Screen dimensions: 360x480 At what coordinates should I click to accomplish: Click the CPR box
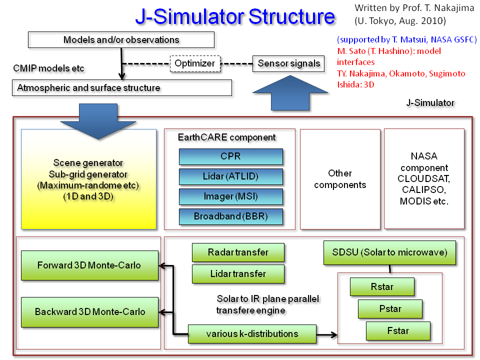[230, 156]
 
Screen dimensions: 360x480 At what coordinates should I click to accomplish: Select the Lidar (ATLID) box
[230, 176]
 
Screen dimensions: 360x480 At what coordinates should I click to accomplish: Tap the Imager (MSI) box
[230, 196]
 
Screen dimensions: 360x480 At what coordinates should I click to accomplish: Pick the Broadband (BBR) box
[230, 216]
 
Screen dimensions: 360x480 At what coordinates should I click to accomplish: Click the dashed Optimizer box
[194, 63]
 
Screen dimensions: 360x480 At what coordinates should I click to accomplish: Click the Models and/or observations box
[121, 40]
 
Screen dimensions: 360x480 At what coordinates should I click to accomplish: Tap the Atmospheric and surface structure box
[121, 88]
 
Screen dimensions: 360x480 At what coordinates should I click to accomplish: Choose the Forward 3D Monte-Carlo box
[89, 265]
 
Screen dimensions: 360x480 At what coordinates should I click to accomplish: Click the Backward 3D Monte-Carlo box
[89, 312]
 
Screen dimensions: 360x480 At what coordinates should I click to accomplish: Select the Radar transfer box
[238, 252]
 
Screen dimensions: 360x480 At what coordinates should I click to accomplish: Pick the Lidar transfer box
[238, 274]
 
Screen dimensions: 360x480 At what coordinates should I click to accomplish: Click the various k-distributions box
[252, 333]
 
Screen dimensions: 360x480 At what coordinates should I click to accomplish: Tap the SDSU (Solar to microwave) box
[390, 252]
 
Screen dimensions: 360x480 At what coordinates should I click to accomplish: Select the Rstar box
[382, 287]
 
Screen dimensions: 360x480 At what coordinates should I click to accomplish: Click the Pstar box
[390, 309]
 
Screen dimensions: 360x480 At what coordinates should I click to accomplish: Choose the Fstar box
[398, 331]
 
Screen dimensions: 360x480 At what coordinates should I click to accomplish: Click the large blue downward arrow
[98, 121]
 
